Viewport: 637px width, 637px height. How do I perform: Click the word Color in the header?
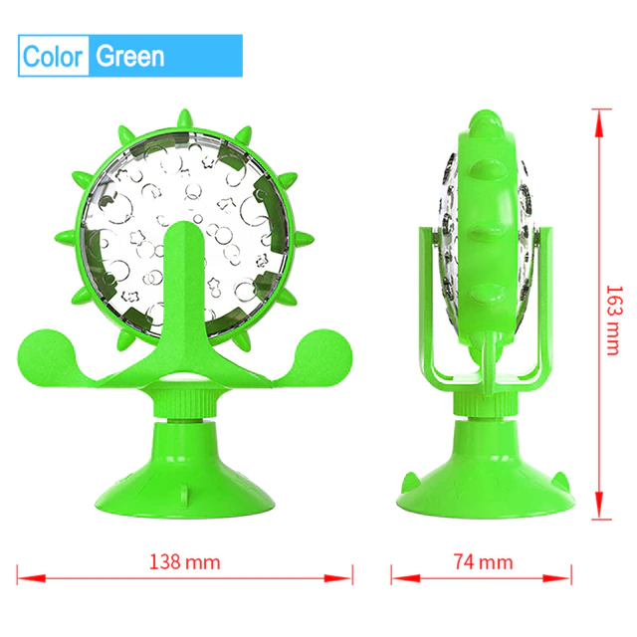(54, 56)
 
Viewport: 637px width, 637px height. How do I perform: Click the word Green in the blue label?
(129, 56)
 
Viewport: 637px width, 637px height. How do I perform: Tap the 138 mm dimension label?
(184, 561)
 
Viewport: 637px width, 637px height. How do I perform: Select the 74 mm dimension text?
(474, 561)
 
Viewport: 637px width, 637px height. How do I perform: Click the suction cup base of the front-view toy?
(184, 468)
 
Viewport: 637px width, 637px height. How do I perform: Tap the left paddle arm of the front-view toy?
(55, 354)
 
